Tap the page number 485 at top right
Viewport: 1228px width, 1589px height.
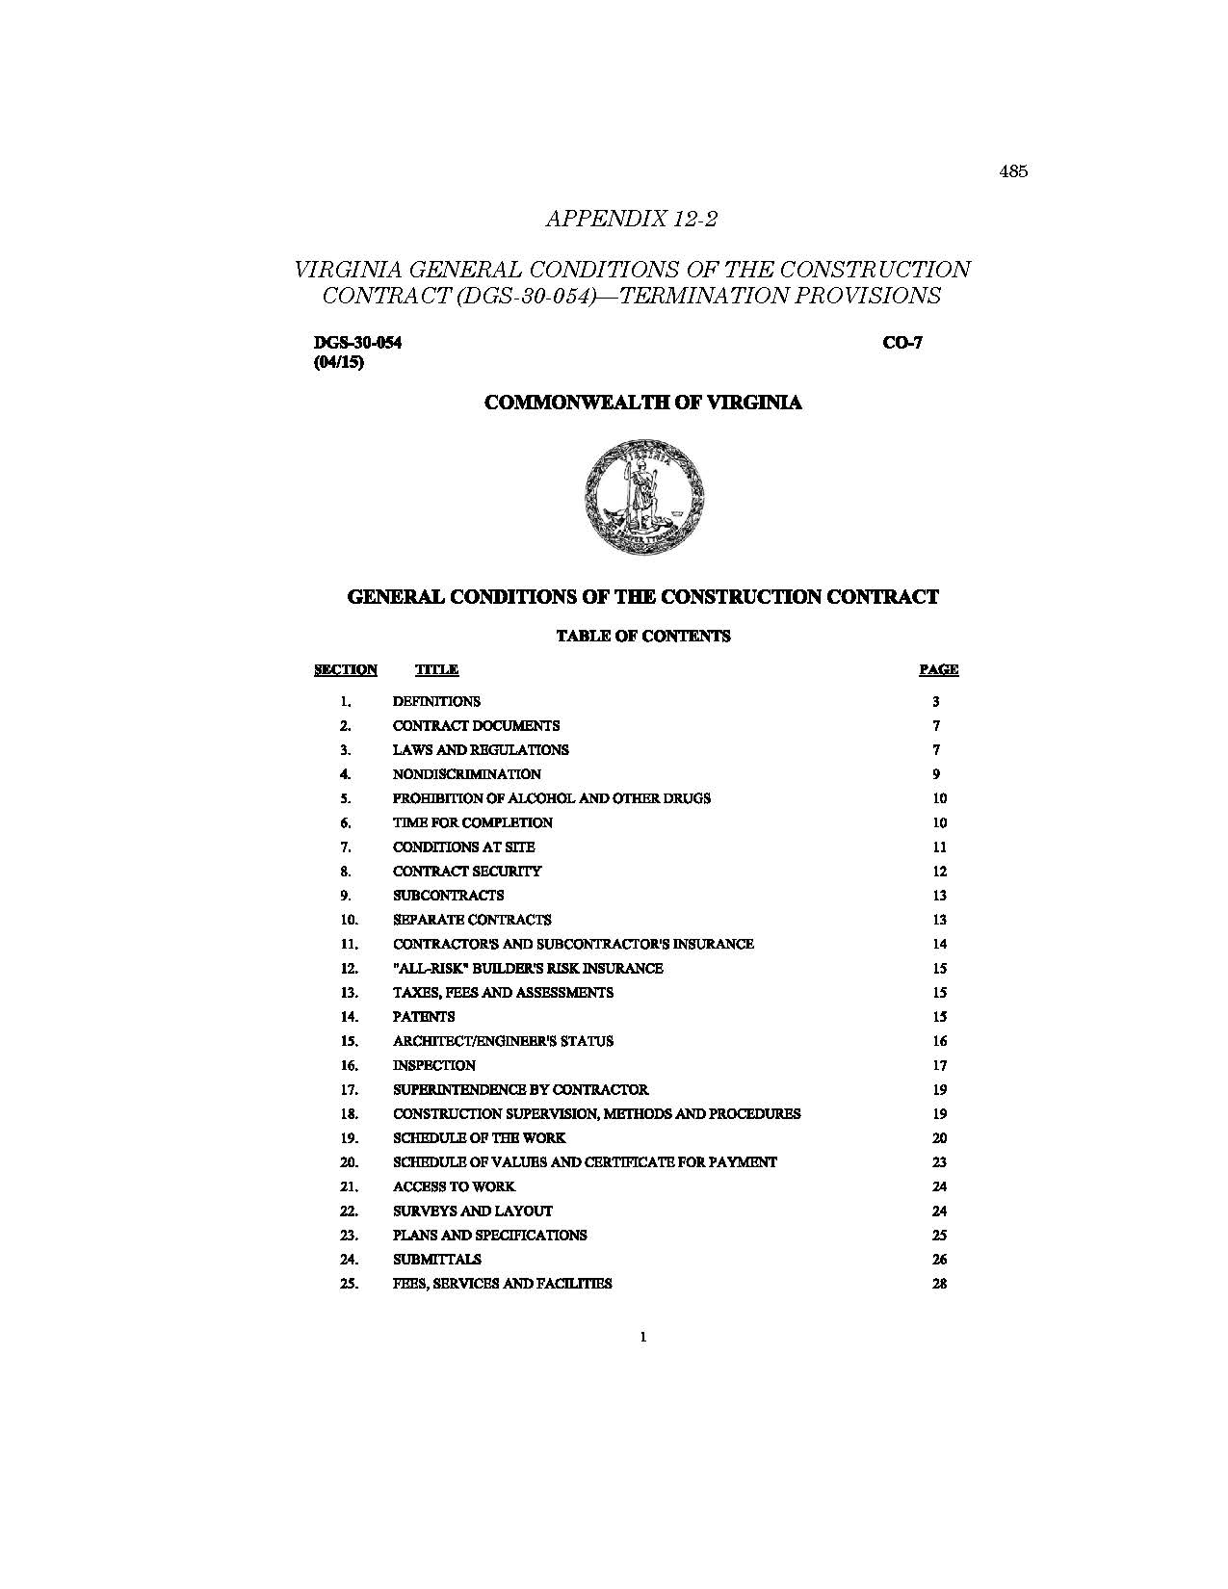1013,171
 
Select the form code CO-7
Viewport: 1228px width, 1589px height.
902,343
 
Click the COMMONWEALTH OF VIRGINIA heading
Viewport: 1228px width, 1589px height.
642,403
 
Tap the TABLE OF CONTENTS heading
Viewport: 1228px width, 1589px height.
642,636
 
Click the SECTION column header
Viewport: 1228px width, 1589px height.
346,669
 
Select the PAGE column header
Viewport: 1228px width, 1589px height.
938,669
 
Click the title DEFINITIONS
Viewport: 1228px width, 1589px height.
436,701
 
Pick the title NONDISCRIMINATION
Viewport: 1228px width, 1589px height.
467,774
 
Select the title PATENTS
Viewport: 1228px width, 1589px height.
424,1017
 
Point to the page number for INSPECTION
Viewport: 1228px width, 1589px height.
940,1065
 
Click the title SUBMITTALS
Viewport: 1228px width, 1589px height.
436,1260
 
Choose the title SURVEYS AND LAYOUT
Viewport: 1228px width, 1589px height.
472,1211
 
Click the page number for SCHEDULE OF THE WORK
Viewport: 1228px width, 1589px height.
940,1138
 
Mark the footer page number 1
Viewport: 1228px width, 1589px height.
642,1337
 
